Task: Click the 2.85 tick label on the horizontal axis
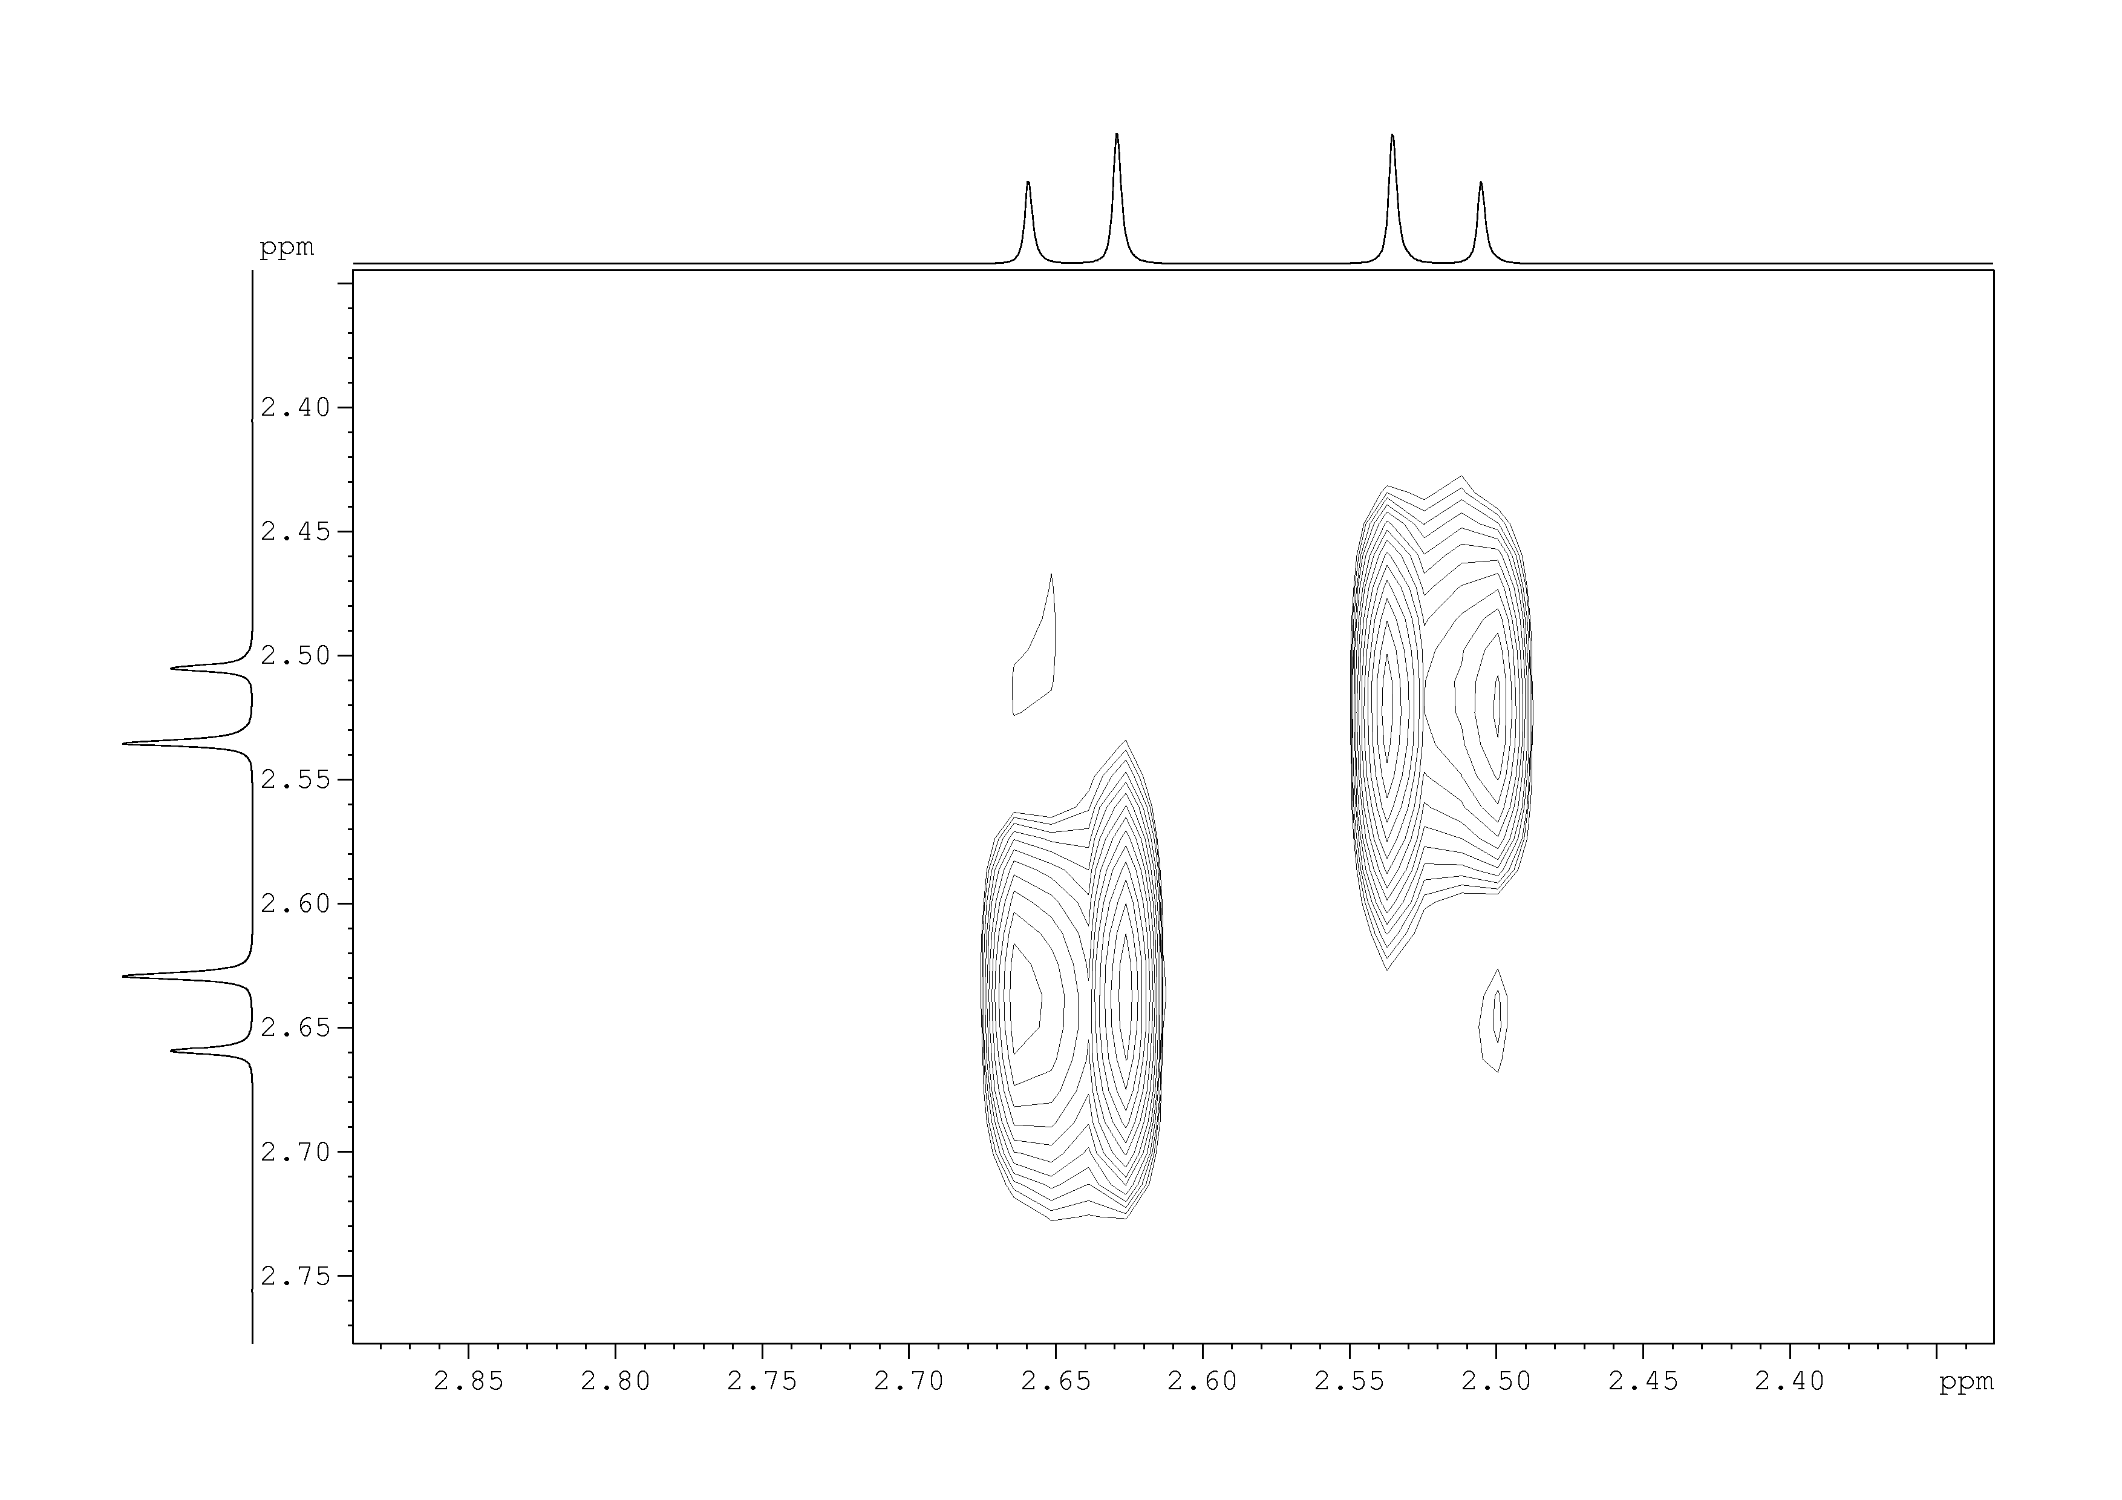tap(469, 1381)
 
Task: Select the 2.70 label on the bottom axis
tap(909, 1381)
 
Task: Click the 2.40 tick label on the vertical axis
tap(296, 408)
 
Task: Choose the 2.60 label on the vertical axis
tap(296, 904)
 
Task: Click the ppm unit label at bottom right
tap(1967, 1384)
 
